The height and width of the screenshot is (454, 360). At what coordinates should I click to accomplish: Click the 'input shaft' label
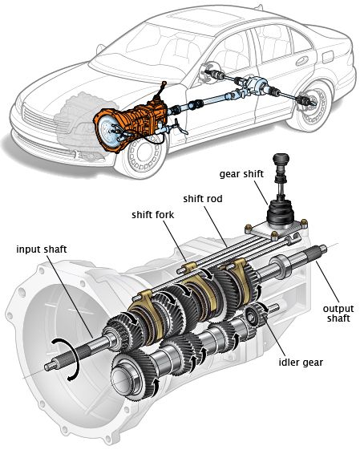pyautogui.click(x=42, y=249)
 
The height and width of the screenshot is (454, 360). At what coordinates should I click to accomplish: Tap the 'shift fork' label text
pyautogui.click(x=153, y=215)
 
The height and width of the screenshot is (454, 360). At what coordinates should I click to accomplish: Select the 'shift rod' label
pyautogui.click(x=203, y=199)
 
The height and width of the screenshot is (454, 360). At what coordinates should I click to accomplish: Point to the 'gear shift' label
pyautogui.click(x=241, y=174)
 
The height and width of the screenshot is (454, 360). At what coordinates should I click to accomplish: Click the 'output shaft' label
pyautogui.click(x=338, y=314)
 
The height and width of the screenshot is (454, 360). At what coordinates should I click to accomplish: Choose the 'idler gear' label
pyautogui.click(x=301, y=363)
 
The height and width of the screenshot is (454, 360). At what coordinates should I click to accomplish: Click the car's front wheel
pyautogui.click(x=144, y=153)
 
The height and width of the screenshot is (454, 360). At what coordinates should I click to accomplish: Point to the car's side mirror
pyautogui.click(x=101, y=49)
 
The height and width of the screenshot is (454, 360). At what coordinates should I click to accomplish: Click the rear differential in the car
pyautogui.click(x=254, y=84)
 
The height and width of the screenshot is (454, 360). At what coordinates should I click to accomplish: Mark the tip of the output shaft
pyautogui.click(x=324, y=248)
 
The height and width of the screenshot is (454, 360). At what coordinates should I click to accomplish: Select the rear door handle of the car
pyautogui.click(x=301, y=60)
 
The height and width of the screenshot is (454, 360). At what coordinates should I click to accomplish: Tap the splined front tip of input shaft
pyautogui.click(x=49, y=367)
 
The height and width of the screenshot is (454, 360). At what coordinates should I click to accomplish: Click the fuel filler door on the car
pyautogui.click(x=328, y=57)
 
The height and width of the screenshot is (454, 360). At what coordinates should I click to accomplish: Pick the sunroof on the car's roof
pyautogui.click(x=205, y=15)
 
